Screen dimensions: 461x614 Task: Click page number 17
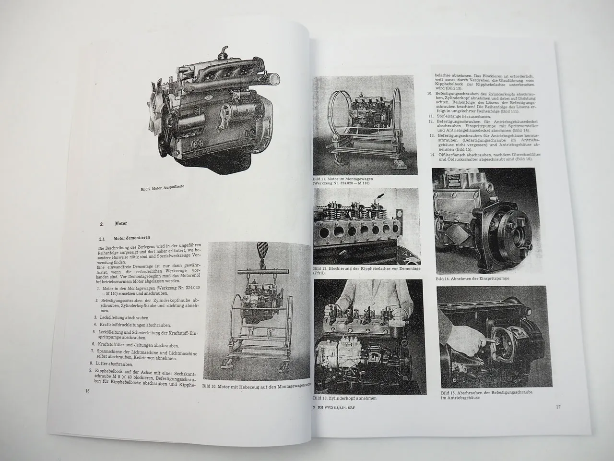pos(558,407)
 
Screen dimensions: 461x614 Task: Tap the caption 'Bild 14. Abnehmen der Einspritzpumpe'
pos(469,279)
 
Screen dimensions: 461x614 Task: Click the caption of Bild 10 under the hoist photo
pos(257,386)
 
